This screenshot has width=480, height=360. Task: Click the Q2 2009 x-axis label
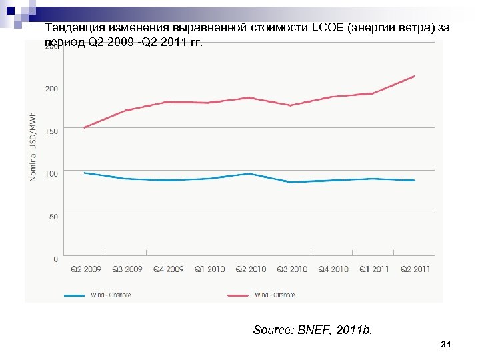point(85,269)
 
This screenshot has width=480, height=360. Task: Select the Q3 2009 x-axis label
point(127,269)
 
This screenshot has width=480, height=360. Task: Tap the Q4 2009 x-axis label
point(168,269)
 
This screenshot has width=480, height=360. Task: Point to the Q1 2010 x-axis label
point(209,269)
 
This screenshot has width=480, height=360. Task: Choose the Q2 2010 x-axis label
point(251,269)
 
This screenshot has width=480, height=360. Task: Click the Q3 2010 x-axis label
point(292,269)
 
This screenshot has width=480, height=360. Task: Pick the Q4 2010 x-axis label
point(333,269)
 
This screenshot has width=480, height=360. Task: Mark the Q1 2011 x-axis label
point(374,269)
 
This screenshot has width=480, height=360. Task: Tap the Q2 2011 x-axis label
point(415,269)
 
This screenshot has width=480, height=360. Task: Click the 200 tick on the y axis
point(51,89)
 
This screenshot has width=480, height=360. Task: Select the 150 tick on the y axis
point(51,131)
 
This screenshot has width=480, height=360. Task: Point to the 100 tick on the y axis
point(51,173)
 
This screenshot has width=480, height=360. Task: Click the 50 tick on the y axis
point(53,217)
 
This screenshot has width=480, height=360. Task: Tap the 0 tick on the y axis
point(55,259)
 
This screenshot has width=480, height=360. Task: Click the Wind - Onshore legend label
point(111,295)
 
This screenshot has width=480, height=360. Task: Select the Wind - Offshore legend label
point(275,295)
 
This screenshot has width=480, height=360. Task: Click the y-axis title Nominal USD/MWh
point(33,147)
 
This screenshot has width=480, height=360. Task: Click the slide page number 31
point(447,345)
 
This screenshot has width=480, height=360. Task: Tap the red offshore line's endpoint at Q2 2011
point(415,76)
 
